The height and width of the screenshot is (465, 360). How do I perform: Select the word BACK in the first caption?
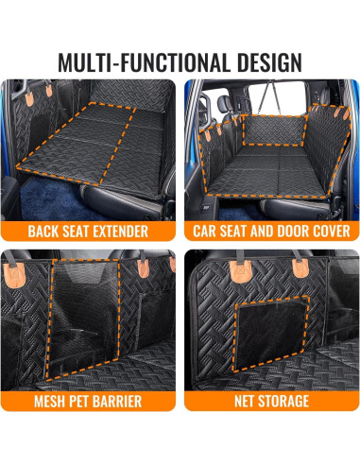click(x=44, y=231)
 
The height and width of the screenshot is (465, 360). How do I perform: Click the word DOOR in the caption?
click(x=293, y=231)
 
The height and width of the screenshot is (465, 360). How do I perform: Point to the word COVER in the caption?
click(x=332, y=231)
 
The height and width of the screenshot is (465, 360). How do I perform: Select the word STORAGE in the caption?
click(x=288, y=402)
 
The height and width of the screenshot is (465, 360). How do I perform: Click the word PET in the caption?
click(x=82, y=402)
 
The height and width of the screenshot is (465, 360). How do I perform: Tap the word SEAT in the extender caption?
click(x=78, y=231)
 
